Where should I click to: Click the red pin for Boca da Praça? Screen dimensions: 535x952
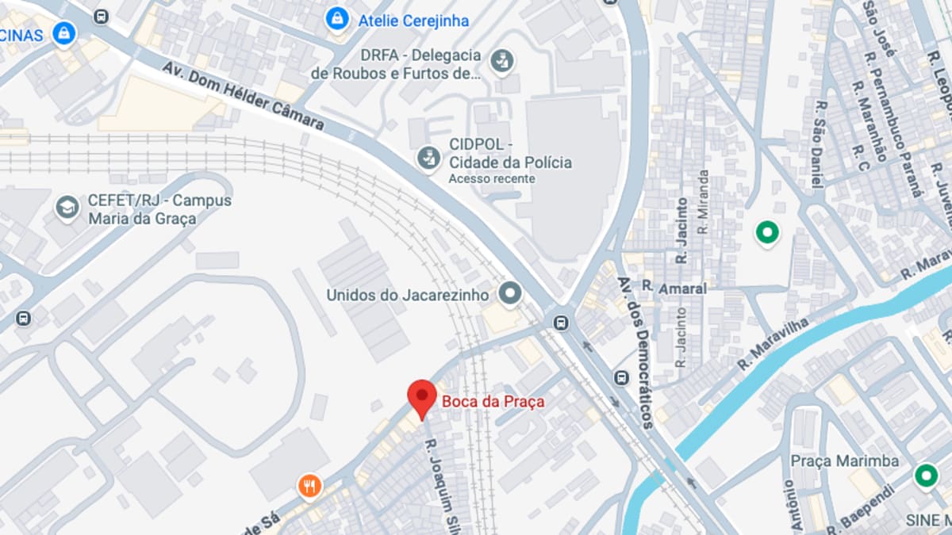tap(421, 397)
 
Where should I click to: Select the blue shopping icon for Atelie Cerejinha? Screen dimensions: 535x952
tap(338, 19)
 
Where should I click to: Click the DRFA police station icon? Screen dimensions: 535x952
tap(501, 60)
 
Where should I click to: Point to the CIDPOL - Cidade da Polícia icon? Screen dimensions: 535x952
tap(429, 156)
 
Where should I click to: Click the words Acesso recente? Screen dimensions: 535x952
tap(491, 179)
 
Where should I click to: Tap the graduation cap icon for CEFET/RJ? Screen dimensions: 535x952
tap(67, 208)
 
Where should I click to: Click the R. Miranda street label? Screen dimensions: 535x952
tap(703, 201)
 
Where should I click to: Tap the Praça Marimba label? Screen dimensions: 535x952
tap(844, 460)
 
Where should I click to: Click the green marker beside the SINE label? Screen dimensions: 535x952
tap(925, 476)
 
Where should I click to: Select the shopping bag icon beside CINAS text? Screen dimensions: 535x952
tap(63, 33)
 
